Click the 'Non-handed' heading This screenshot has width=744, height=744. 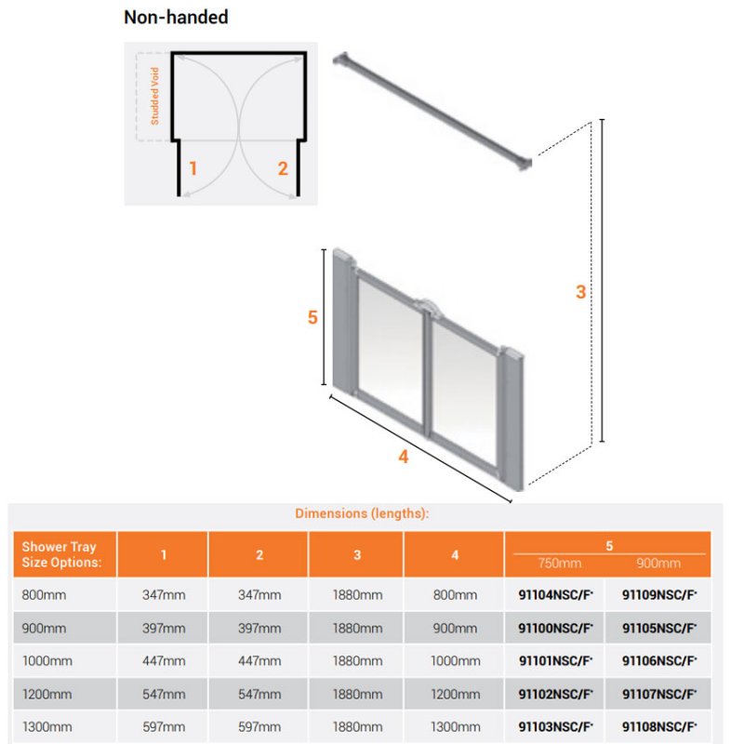(176, 18)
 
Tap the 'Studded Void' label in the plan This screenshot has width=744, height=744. (154, 96)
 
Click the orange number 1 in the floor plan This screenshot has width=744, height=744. (193, 168)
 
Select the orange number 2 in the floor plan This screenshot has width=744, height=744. (283, 168)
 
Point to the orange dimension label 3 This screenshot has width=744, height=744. (580, 292)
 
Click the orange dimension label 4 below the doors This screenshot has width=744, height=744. (404, 457)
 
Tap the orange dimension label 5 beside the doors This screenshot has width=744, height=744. (312, 317)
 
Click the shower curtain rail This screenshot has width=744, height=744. (432, 112)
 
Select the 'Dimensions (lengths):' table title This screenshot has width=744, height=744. (362, 513)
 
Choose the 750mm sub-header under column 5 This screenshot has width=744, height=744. (560, 564)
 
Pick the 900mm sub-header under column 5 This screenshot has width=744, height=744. (658, 564)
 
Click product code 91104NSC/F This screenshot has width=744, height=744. (555, 595)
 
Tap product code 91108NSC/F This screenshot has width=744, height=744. (659, 727)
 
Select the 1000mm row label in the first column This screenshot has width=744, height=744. (47, 661)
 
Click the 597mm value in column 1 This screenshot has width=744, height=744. (164, 727)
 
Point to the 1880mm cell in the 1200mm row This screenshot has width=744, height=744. (357, 694)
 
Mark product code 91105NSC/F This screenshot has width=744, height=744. (659, 629)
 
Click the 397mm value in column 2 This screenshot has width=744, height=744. (259, 629)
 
